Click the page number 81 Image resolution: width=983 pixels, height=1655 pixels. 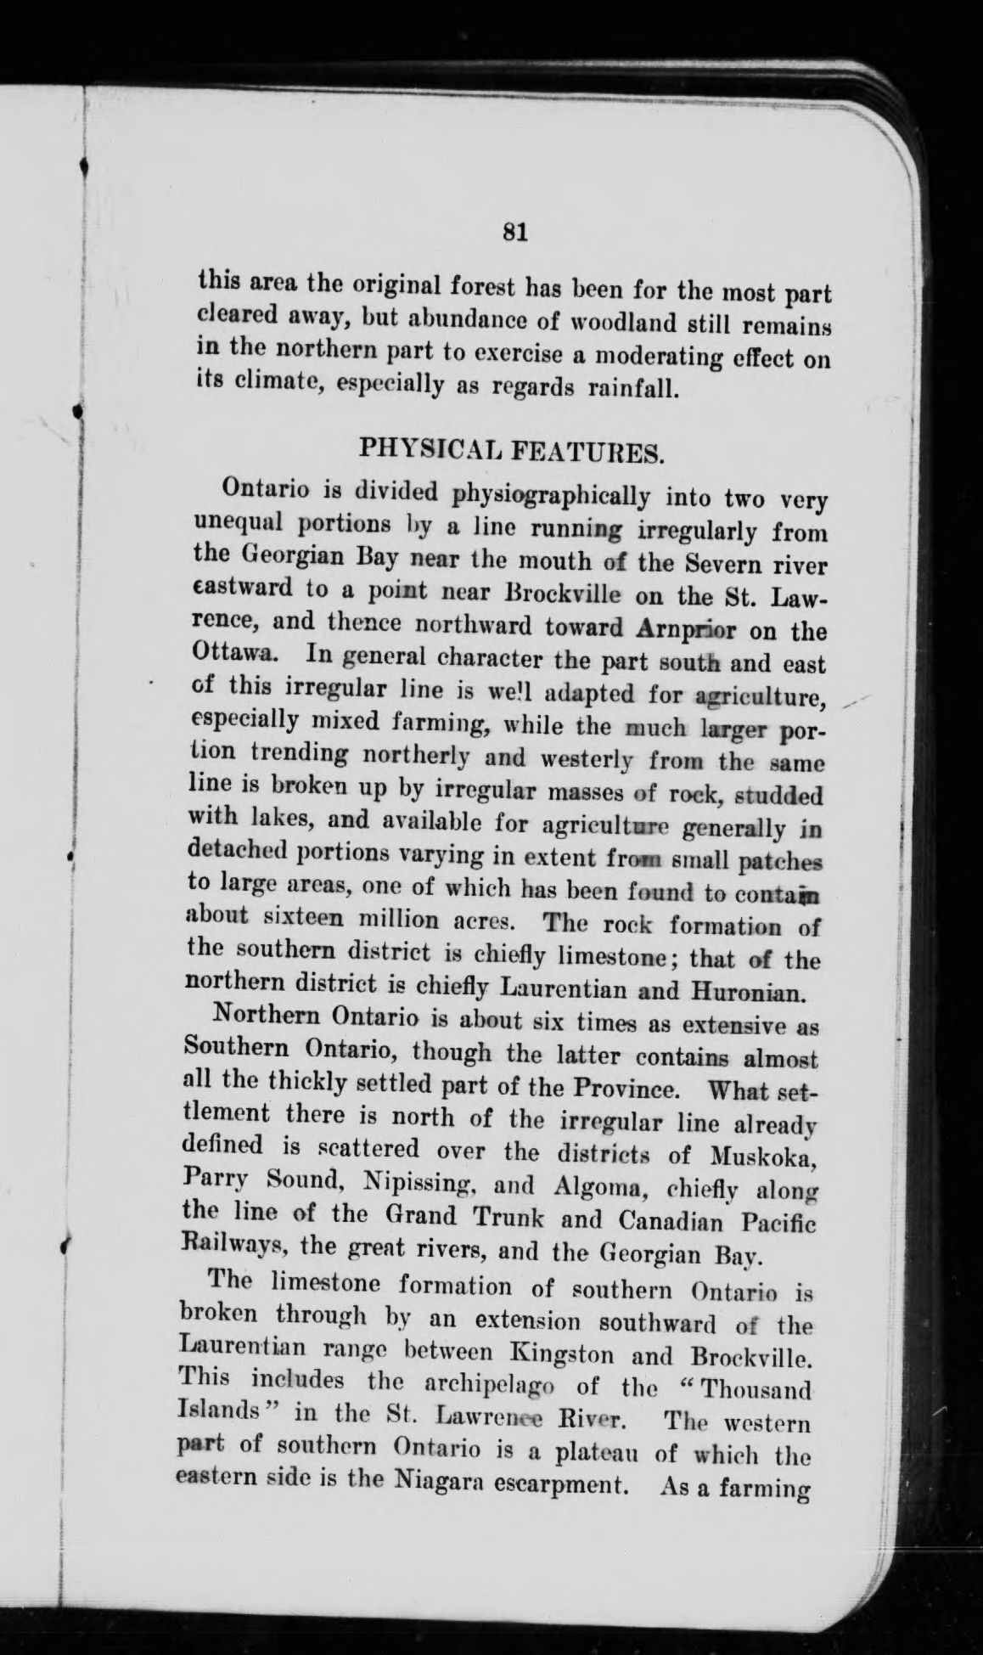click(x=515, y=232)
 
